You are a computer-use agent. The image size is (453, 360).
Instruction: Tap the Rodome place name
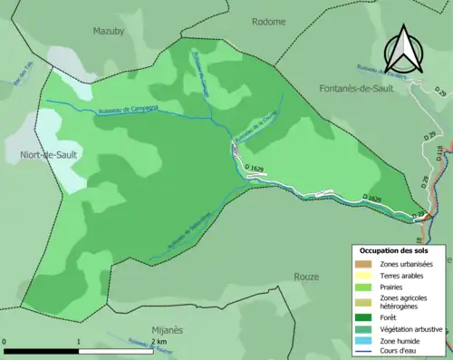coord(268,21)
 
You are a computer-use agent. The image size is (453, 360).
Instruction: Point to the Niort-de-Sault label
coord(41,155)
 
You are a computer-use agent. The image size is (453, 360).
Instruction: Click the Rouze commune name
coord(307,277)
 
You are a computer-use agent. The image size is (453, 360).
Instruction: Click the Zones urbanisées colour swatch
coord(364,263)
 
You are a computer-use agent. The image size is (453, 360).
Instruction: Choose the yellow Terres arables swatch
coord(364,275)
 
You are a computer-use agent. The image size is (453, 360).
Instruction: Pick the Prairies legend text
coord(396,287)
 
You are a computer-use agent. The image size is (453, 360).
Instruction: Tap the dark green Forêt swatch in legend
coord(364,317)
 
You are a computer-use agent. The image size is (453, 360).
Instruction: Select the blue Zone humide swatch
coord(364,340)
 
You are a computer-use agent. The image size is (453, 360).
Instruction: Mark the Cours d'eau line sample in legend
coord(364,352)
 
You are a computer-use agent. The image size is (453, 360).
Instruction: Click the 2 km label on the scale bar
coord(159,342)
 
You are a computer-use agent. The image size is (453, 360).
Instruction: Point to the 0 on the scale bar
coord(5,342)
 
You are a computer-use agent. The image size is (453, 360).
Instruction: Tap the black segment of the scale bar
coord(41,350)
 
